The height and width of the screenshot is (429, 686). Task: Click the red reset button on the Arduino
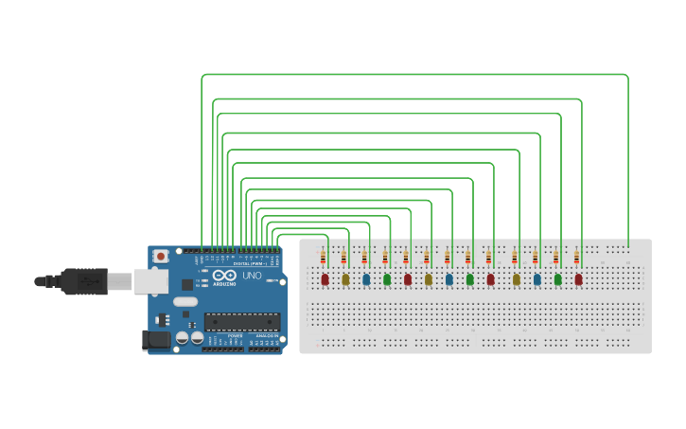[x=162, y=256]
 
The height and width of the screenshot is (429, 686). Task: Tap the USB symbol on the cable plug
[x=90, y=281]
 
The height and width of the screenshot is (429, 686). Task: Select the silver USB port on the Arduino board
[x=150, y=280]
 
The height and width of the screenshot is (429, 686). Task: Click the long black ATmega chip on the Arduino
[x=243, y=322]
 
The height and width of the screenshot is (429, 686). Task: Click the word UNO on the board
[x=253, y=277]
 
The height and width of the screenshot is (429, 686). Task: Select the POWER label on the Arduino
[x=234, y=335]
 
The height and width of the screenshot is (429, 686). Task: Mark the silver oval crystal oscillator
[x=185, y=302]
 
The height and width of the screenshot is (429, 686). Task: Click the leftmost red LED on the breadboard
[x=325, y=279]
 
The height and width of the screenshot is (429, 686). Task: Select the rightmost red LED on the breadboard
[x=578, y=279]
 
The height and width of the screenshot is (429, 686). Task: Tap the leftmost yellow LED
[x=345, y=279]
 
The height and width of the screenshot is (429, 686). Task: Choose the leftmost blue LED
[x=366, y=279]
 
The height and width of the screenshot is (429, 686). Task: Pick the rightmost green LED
[x=557, y=279]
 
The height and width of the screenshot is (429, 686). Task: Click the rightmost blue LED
[x=536, y=279]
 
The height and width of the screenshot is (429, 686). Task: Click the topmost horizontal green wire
[x=416, y=74]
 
